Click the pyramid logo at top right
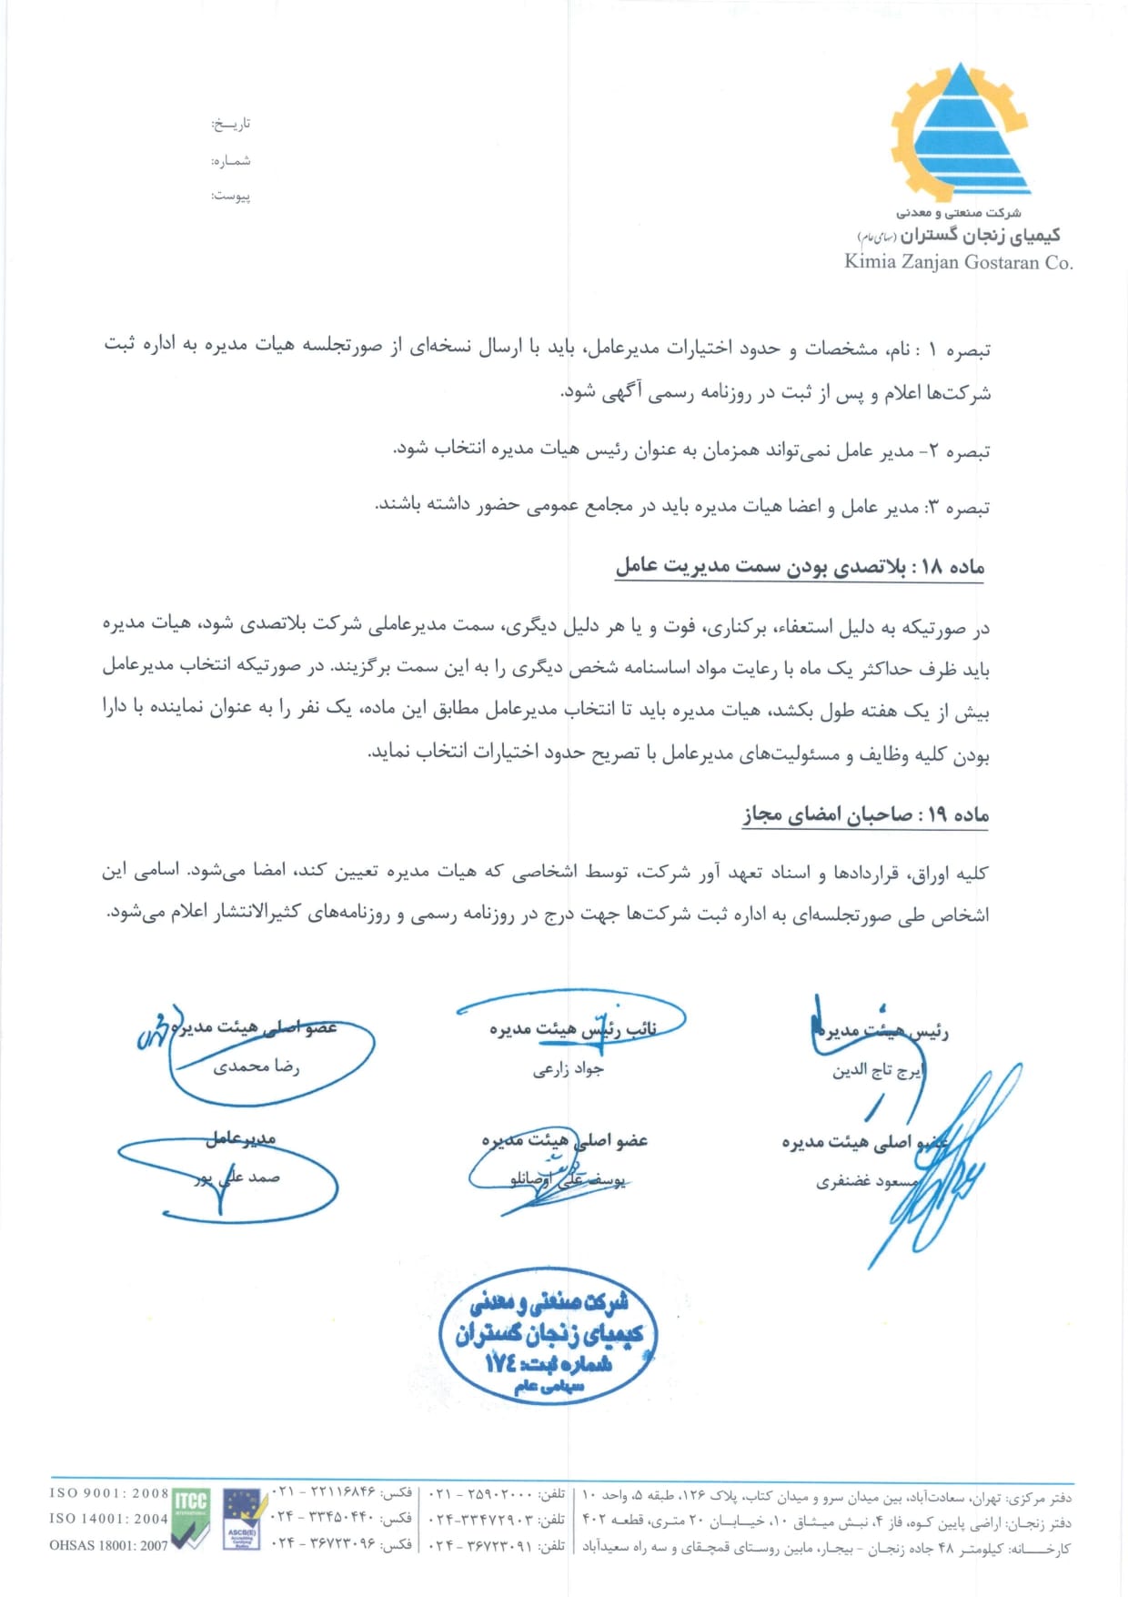coord(959,132)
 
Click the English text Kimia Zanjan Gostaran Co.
coord(958,262)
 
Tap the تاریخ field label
coord(231,124)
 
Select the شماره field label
coord(231,161)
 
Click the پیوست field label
coord(231,196)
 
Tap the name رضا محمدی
coord(256,1066)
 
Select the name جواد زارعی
coord(568,1069)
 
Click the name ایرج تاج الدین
coord(877,1071)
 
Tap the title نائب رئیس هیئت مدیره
coord(572,1029)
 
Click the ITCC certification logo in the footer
coord(190,1520)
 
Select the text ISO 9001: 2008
coord(109,1493)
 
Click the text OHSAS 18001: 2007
coord(109,1545)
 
